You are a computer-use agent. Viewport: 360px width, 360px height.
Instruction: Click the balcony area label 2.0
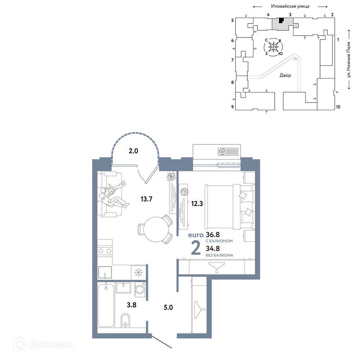[133, 151]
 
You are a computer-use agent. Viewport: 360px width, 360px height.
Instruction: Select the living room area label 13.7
[146, 199]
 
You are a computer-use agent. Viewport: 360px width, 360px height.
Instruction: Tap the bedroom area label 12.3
[197, 203]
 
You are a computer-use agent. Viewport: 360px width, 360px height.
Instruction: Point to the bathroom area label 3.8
[131, 305]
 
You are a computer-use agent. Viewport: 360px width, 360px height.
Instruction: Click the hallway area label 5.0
[168, 307]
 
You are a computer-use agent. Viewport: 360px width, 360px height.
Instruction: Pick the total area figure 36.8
[213, 235]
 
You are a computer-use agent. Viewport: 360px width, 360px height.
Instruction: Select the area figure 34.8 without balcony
[213, 248]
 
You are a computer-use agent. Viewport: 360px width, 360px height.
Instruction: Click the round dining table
[156, 229]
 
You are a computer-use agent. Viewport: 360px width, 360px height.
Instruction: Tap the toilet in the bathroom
[125, 320]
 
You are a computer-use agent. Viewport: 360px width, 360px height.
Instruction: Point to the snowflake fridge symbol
[139, 272]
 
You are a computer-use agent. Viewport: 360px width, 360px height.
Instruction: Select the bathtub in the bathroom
[106, 305]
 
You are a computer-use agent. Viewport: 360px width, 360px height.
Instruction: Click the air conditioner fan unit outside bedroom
[228, 152]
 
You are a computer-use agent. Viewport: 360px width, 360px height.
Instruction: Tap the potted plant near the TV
[171, 177]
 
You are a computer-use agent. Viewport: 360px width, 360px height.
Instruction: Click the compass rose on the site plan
[274, 47]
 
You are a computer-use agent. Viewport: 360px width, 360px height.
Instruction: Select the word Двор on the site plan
[285, 75]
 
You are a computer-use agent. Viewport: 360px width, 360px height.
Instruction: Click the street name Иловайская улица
[290, 6]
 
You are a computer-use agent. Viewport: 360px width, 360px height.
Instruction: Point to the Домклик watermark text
[51, 345]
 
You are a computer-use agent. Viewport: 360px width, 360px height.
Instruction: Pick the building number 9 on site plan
[232, 107]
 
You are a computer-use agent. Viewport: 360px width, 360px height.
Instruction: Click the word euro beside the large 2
[196, 235]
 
